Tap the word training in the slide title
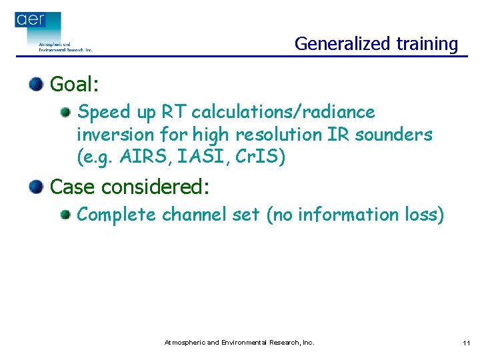point(427,44)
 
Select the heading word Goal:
point(75,85)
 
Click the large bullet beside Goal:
point(36,84)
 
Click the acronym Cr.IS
point(261,157)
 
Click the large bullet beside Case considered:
point(36,186)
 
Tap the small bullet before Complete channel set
point(65,215)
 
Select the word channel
point(195,215)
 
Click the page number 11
point(465,343)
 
